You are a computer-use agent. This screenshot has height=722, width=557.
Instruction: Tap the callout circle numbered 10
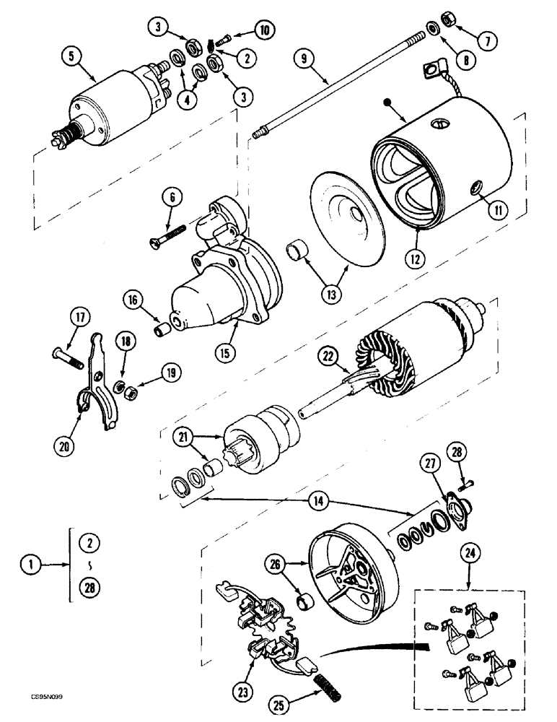point(263,30)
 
